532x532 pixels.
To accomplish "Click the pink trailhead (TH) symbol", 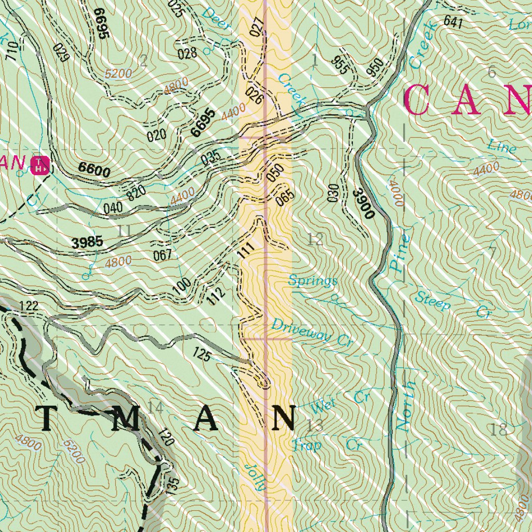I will point(41,165).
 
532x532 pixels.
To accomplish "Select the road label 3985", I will point(87,242).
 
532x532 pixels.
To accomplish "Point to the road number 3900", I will point(363,203).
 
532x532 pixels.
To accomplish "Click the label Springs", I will point(313,281).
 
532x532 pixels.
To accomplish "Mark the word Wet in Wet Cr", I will point(322,404).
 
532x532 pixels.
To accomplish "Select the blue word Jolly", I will point(256,477).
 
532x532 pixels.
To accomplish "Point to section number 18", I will point(498,430).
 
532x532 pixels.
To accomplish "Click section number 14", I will point(155,407).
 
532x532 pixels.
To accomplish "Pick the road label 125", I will point(201,355).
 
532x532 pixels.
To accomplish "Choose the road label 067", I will point(162,255).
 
